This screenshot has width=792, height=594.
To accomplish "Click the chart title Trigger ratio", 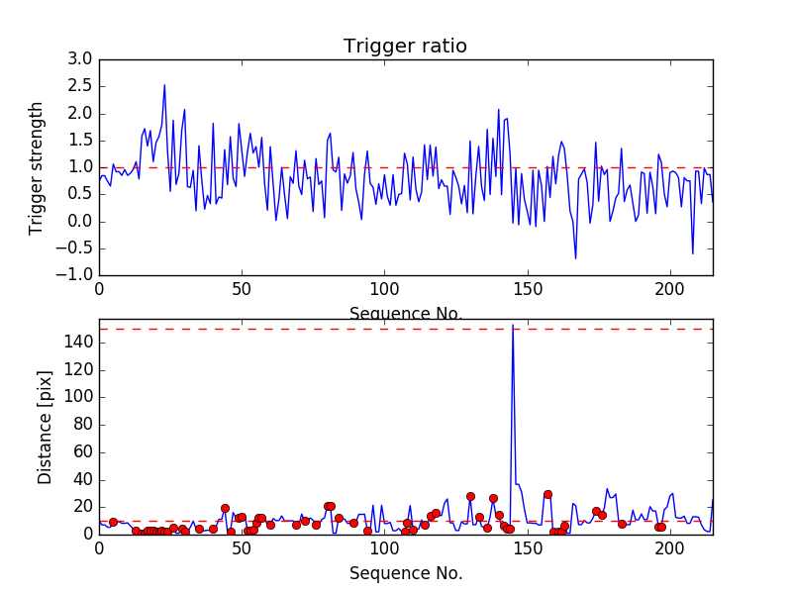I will [x=405, y=46].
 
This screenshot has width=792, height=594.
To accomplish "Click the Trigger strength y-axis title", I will [x=37, y=167].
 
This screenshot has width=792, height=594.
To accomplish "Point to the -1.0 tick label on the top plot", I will [x=76, y=274].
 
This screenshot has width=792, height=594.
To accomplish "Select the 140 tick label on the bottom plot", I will [x=78, y=343].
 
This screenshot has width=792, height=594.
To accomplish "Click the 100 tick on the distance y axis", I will [x=78, y=397].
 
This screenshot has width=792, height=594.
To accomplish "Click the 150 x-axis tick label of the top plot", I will [x=527, y=291].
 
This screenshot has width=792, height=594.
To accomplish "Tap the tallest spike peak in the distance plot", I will [x=512, y=326].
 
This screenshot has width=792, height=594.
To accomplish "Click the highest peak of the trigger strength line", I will [x=164, y=85].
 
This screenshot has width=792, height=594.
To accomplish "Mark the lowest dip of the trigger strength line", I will [x=575, y=258].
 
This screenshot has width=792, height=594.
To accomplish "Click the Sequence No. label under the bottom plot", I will [x=405, y=573].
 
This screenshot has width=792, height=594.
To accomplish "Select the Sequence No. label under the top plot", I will [x=405, y=314].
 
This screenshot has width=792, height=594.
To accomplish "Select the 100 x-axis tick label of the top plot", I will [x=384, y=291].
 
